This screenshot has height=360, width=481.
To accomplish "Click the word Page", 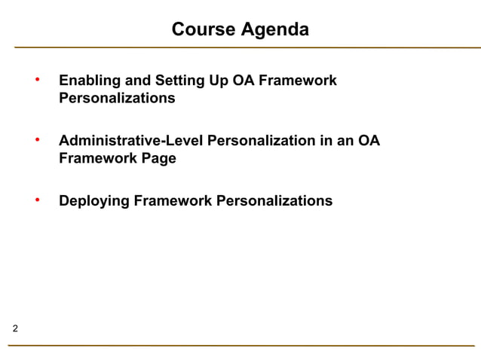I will point(159,159).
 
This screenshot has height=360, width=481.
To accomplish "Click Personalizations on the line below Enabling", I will point(117,99).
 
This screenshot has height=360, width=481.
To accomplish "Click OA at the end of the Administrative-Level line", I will point(369,141).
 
